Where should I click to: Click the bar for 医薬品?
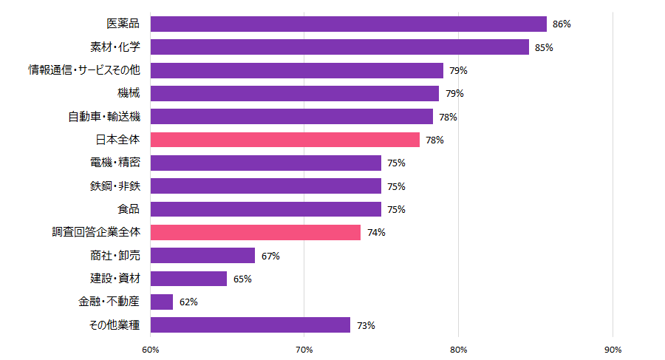348,24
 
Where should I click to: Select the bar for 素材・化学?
339,47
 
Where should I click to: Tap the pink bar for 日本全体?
284,140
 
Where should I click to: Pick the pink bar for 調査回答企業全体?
255,232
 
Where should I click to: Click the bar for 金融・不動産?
162,302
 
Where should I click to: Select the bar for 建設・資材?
188,279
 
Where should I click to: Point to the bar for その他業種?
250,325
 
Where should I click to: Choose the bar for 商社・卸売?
202,256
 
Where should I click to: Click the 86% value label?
562,24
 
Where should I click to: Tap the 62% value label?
188,302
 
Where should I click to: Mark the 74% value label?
376,233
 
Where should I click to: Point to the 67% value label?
270,256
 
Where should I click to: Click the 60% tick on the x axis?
150,349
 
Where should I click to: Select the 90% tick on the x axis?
613,349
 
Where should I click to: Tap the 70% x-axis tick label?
304,349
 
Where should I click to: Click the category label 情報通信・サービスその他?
83,70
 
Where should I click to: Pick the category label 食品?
129,209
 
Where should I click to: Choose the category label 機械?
129,93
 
